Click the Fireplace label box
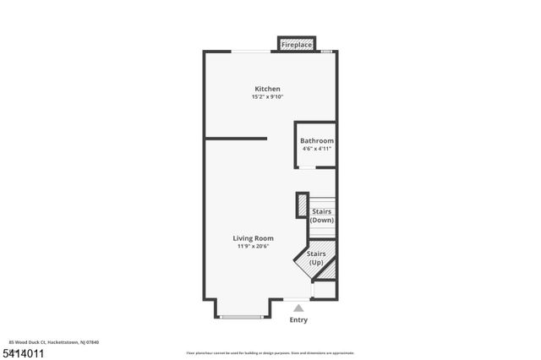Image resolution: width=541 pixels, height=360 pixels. tap(297, 44)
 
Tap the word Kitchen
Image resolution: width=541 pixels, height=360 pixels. tap(268, 89)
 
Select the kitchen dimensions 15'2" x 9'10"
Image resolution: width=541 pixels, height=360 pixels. tap(268, 97)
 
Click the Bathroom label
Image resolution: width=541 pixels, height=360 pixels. tap(317, 140)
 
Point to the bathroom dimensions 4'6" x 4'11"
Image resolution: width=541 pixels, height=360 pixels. tap(317, 149)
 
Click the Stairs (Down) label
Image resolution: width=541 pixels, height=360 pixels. tap(322, 215)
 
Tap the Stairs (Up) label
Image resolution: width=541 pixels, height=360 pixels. tap(316, 258)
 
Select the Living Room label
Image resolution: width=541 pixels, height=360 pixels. tap(254, 238)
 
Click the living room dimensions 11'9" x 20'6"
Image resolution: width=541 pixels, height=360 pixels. tap(254, 247)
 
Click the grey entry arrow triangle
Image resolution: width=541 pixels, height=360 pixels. tap(298, 308)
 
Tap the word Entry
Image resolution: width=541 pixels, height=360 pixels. tap(298, 320)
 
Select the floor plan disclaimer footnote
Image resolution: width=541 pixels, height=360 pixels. tap(270, 352)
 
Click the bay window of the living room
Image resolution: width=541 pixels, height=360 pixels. tap(243, 317)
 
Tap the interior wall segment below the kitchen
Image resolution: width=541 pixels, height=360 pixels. tap(236, 138)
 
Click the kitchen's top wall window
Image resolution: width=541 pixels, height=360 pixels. tap(252, 52)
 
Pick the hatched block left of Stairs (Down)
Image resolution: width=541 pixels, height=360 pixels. tap(301, 205)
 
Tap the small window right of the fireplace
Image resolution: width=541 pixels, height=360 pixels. tap(326, 52)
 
